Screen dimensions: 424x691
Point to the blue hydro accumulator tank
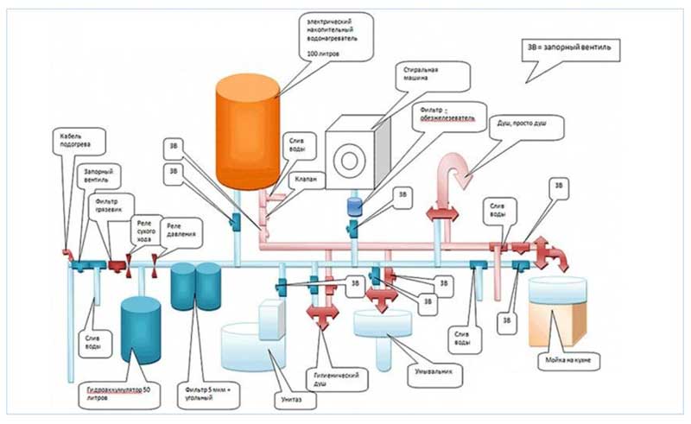coord(140,329)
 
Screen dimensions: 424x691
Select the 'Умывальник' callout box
coord(429,371)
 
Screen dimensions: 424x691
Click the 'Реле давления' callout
coord(181,228)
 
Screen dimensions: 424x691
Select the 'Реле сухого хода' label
coord(144,228)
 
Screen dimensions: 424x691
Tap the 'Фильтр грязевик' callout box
coord(106,206)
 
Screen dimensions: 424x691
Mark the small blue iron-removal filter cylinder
coord(353,207)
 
